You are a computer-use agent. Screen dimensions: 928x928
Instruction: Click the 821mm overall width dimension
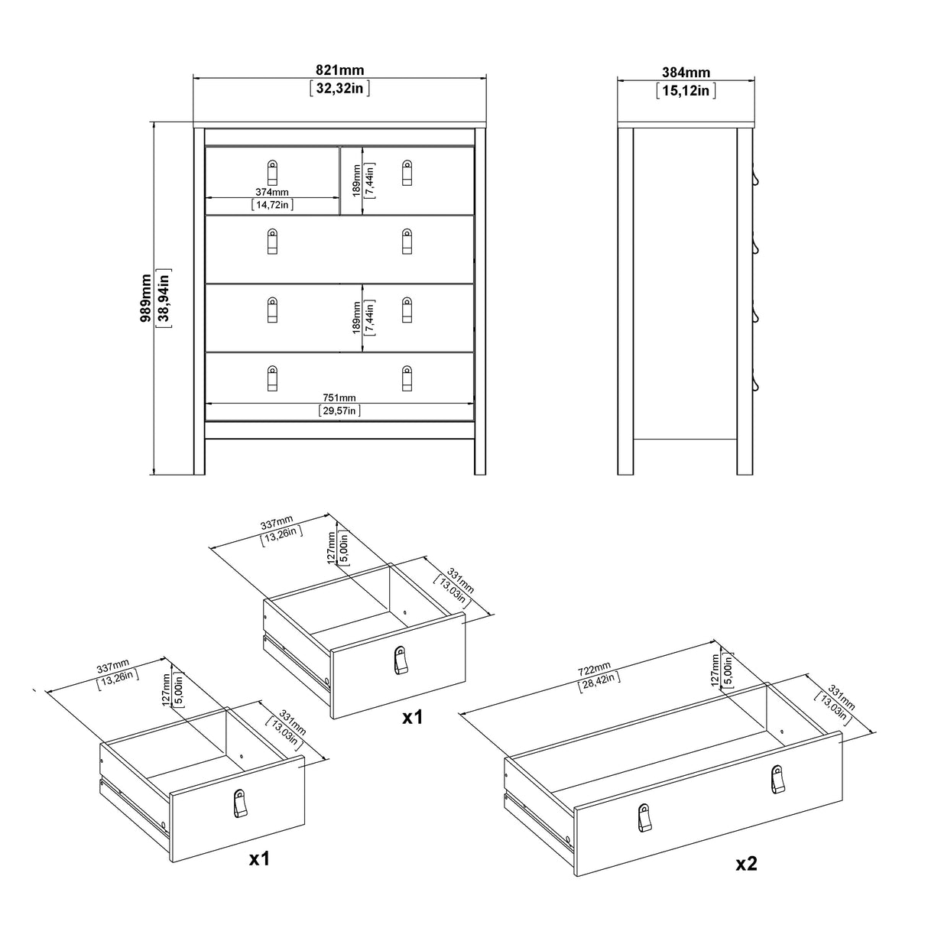(340, 70)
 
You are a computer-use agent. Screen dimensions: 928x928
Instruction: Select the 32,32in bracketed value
(340, 88)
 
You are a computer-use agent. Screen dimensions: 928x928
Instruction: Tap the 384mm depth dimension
(686, 73)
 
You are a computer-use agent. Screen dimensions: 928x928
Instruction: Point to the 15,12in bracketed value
(686, 91)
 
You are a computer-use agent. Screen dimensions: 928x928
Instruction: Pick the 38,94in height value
(163, 298)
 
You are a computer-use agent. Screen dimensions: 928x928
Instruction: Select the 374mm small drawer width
(272, 193)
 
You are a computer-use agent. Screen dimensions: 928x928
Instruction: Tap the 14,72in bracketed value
(272, 205)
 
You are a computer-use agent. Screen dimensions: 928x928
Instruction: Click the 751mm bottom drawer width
(339, 397)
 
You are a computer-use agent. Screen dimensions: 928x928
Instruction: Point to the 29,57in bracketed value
(339, 410)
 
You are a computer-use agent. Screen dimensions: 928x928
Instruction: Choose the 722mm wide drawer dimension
(595, 670)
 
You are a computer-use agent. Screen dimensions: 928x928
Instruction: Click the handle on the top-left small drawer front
(272, 172)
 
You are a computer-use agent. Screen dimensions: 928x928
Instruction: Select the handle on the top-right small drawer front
(407, 172)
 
